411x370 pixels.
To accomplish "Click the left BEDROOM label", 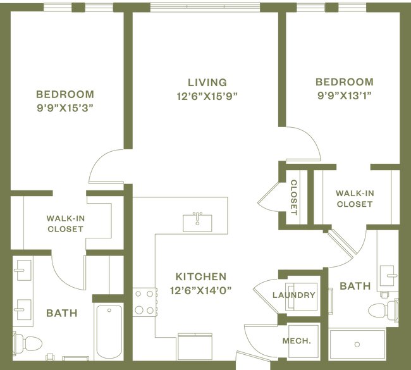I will tap(64, 94).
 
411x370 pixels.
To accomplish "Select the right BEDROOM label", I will tap(344, 82).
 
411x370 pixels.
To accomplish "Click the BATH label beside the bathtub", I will tap(61, 312).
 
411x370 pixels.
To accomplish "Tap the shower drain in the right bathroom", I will tap(357, 345).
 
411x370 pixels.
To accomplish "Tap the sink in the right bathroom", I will tap(388, 275).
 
